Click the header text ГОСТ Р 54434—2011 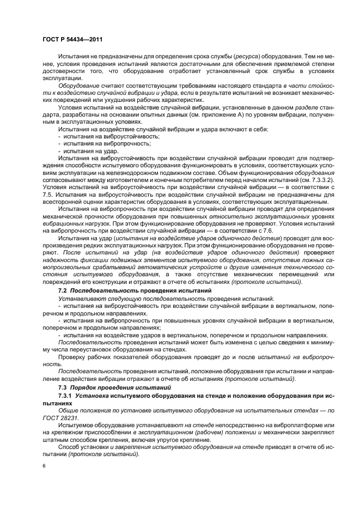72,39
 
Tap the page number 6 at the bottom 44,466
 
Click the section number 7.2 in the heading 63,292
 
